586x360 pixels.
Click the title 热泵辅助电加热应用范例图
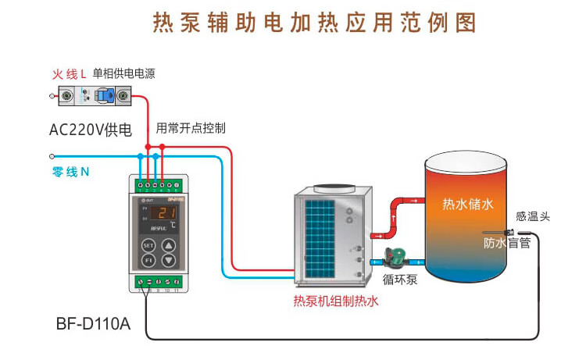pyautogui.click(x=313, y=23)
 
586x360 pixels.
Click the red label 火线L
pyautogui.click(x=69, y=74)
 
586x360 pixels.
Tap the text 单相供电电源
pyautogui.click(x=123, y=74)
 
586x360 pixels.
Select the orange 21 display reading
pyautogui.click(x=162, y=212)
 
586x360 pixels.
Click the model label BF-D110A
pyautogui.click(x=94, y=323)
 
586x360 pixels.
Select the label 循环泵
pyautogui.click(x=400, y=277)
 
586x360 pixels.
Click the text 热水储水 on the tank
pyautogui.click(x=469, y=205)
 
